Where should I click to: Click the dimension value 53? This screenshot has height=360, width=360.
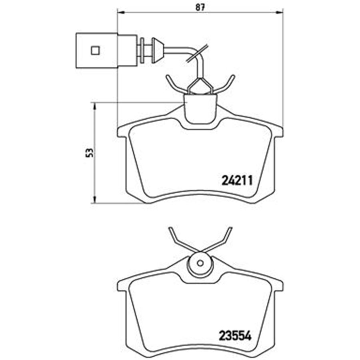click(90, 152)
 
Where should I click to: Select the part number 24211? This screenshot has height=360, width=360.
click(236, 181)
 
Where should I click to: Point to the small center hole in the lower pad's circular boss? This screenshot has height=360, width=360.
click(200, 264)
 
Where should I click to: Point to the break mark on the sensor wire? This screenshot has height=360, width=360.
click(196, 54)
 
